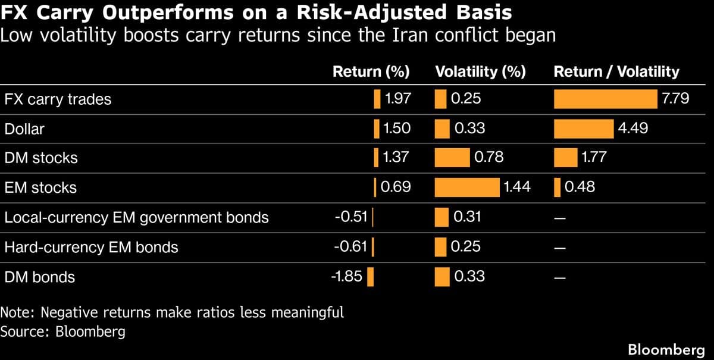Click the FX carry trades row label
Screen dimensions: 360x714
[58, 99]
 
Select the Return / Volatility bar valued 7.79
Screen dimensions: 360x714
[606, 99]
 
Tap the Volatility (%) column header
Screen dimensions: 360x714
[480, 72]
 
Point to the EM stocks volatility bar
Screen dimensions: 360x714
[467, 187]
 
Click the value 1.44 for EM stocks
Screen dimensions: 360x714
[516, 187]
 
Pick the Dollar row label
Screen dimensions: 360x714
[24, 129]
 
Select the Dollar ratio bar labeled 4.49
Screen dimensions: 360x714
[583, 129]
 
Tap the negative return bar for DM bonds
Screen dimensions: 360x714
[370, 277]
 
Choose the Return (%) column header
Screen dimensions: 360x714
[371, 72]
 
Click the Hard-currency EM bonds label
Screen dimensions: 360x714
[91, 247]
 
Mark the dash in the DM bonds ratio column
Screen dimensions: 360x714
[558, 277]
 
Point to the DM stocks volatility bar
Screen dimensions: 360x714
[452, 158]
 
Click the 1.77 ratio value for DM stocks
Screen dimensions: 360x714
[591, 158]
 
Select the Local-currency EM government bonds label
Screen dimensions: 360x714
[136, 217]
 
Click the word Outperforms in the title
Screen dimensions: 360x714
[165, 12]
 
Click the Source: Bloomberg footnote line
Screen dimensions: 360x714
[62, 331]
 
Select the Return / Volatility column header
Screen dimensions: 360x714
[616, 72]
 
